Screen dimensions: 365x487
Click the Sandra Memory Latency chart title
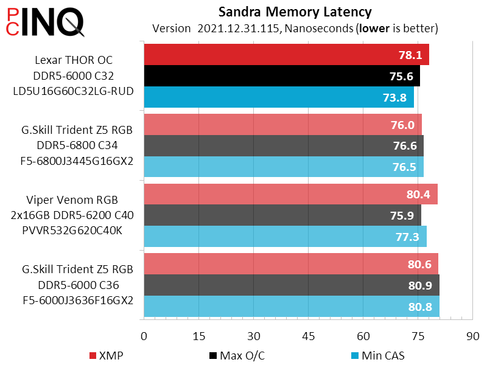tap(295, 12)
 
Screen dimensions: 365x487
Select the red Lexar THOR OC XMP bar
tap(286, 55)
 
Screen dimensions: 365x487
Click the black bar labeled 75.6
tap(281, 76)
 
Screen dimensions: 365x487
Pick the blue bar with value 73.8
tap(278, 97)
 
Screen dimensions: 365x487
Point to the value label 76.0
tap(403, 125)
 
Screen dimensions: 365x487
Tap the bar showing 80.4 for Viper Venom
tap(290, 194)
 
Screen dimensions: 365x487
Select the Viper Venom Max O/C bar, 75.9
tap(282, 215)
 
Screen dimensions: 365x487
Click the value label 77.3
tap(407, 237)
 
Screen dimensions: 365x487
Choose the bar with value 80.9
tap(291, 285)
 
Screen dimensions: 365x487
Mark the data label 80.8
tap(420, 306)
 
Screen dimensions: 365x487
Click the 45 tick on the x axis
tap(309, 336)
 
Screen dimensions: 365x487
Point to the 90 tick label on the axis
tap(473, 336)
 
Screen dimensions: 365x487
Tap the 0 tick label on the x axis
tap(144, 336)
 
